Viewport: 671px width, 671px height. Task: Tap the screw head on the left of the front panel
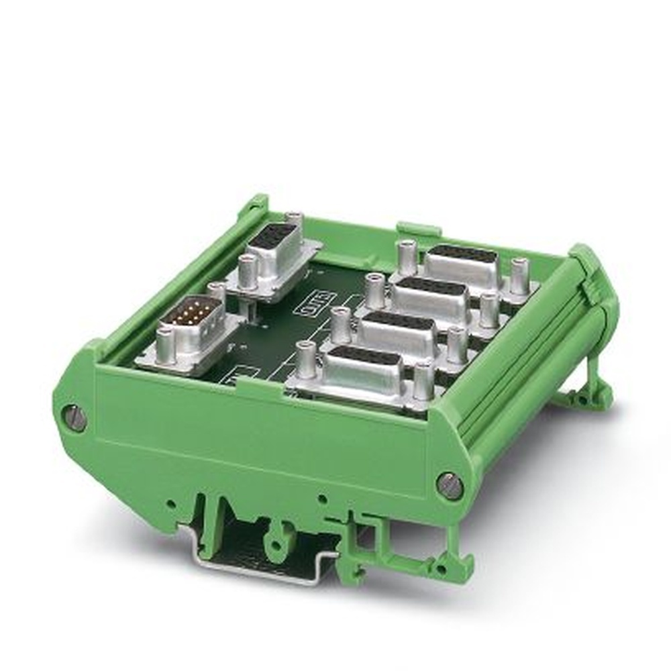click(75, 418)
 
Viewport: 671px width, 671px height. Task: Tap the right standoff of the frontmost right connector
click(423, 380)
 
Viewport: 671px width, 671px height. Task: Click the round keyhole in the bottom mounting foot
click(276, 540)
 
